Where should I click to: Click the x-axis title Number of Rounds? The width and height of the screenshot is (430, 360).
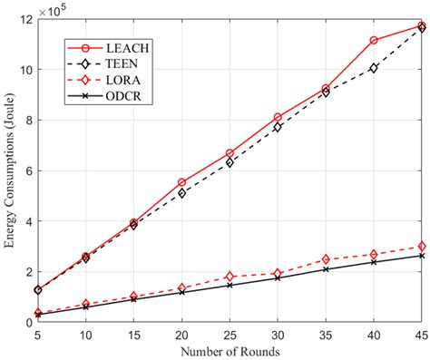pyautogui.click(x=230, y=350)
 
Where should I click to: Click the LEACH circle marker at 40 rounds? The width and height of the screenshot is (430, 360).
pyautogui.click(x=374, y=40)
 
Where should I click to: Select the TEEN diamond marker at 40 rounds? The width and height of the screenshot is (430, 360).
pyautogui.click(x=374, y=68)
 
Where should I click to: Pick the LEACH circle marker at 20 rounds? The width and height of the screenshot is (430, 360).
pyautogui.click(x=181, y=182)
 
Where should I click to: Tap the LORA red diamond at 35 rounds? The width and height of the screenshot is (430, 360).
pyautogui.click(x=326, y=259)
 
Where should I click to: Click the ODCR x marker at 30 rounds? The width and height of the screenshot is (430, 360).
pyautogui.click(x=278, y=278)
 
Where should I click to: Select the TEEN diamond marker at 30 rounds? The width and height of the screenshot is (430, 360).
pyautogui.click(x=278, y=127)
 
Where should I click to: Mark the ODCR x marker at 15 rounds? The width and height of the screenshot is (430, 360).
pyautogui.click(x=133, y=299)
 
